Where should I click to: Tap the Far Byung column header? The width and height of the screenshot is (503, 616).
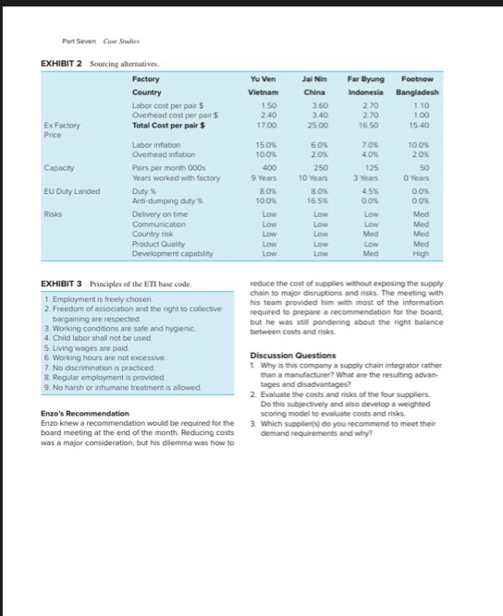point(364,79)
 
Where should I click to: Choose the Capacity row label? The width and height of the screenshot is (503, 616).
point(58,169)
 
